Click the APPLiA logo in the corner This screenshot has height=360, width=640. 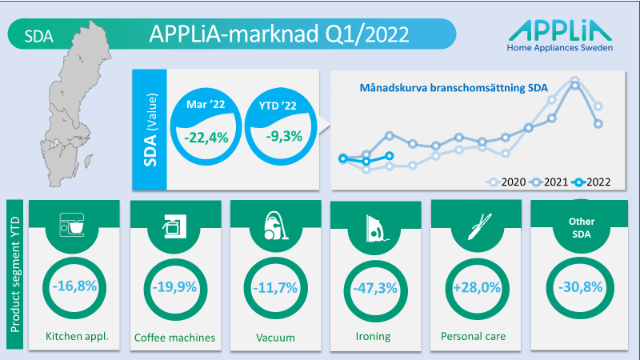(560, 35)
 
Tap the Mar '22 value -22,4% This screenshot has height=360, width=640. (206, 138)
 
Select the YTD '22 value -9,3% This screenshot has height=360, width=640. (284, 136)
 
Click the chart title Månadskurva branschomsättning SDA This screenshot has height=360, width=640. (454, 88)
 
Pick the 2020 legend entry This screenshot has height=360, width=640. (506, 182)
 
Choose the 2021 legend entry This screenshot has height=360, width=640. (549, 182)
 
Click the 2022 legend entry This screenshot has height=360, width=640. (591, 182)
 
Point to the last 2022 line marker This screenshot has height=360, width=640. (390, 155)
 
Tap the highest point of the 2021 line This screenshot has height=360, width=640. (574, 86)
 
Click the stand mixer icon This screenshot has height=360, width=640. (72, 225)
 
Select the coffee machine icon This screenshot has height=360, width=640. (174, 226)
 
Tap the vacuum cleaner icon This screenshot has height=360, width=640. (276, 226)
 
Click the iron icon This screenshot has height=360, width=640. (377, 229)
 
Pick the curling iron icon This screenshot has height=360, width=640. (479, 226)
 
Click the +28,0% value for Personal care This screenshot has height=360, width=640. (477, 288)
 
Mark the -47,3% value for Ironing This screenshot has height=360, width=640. (375, 289)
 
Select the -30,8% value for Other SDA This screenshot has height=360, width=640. (581, 287)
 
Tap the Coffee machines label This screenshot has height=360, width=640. (174, 338)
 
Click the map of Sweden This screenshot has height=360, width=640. (75, 104)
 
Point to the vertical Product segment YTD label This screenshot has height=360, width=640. (15, 274)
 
